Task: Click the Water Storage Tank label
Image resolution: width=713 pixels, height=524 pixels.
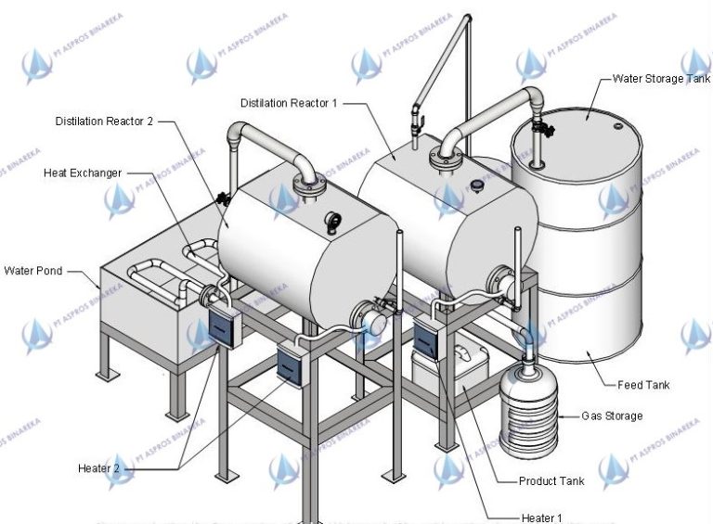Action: click(661, 79)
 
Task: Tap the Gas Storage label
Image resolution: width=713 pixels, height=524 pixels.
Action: click(612, 416)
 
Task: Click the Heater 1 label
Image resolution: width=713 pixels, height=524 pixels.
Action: click(542, 517)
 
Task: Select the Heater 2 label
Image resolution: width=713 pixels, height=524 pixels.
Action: click(99, 468)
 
